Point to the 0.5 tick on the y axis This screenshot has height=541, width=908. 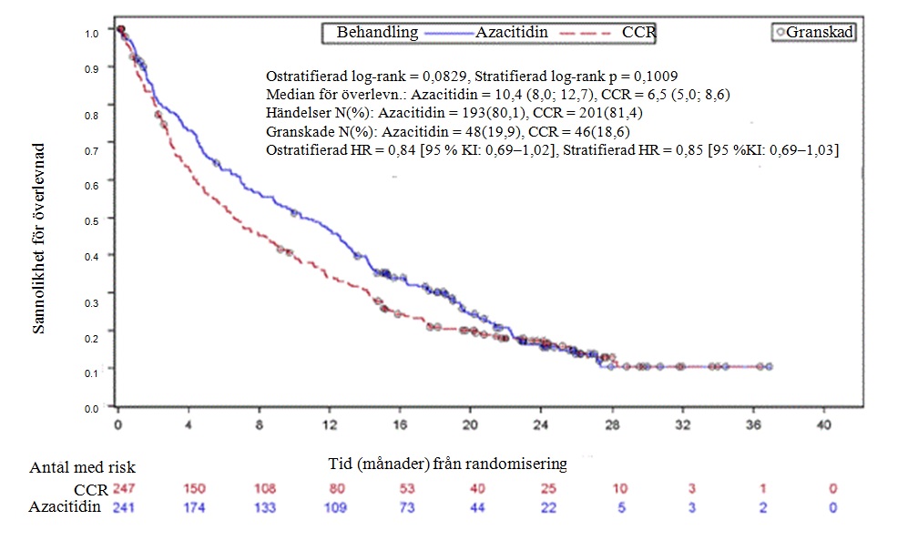(x=92, y=220)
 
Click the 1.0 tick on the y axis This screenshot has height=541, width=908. (x=92, y=34)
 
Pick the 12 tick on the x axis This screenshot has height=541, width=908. (x=331, y=424)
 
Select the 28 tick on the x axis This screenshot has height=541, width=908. (x=613, y=424)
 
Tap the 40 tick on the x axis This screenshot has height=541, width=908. (x=824, y=424)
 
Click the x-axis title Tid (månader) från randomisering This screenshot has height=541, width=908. (x=446, y=464)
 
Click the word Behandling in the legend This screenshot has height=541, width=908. (x=377, y=33)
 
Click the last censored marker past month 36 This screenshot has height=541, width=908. (x=770, y=366)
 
